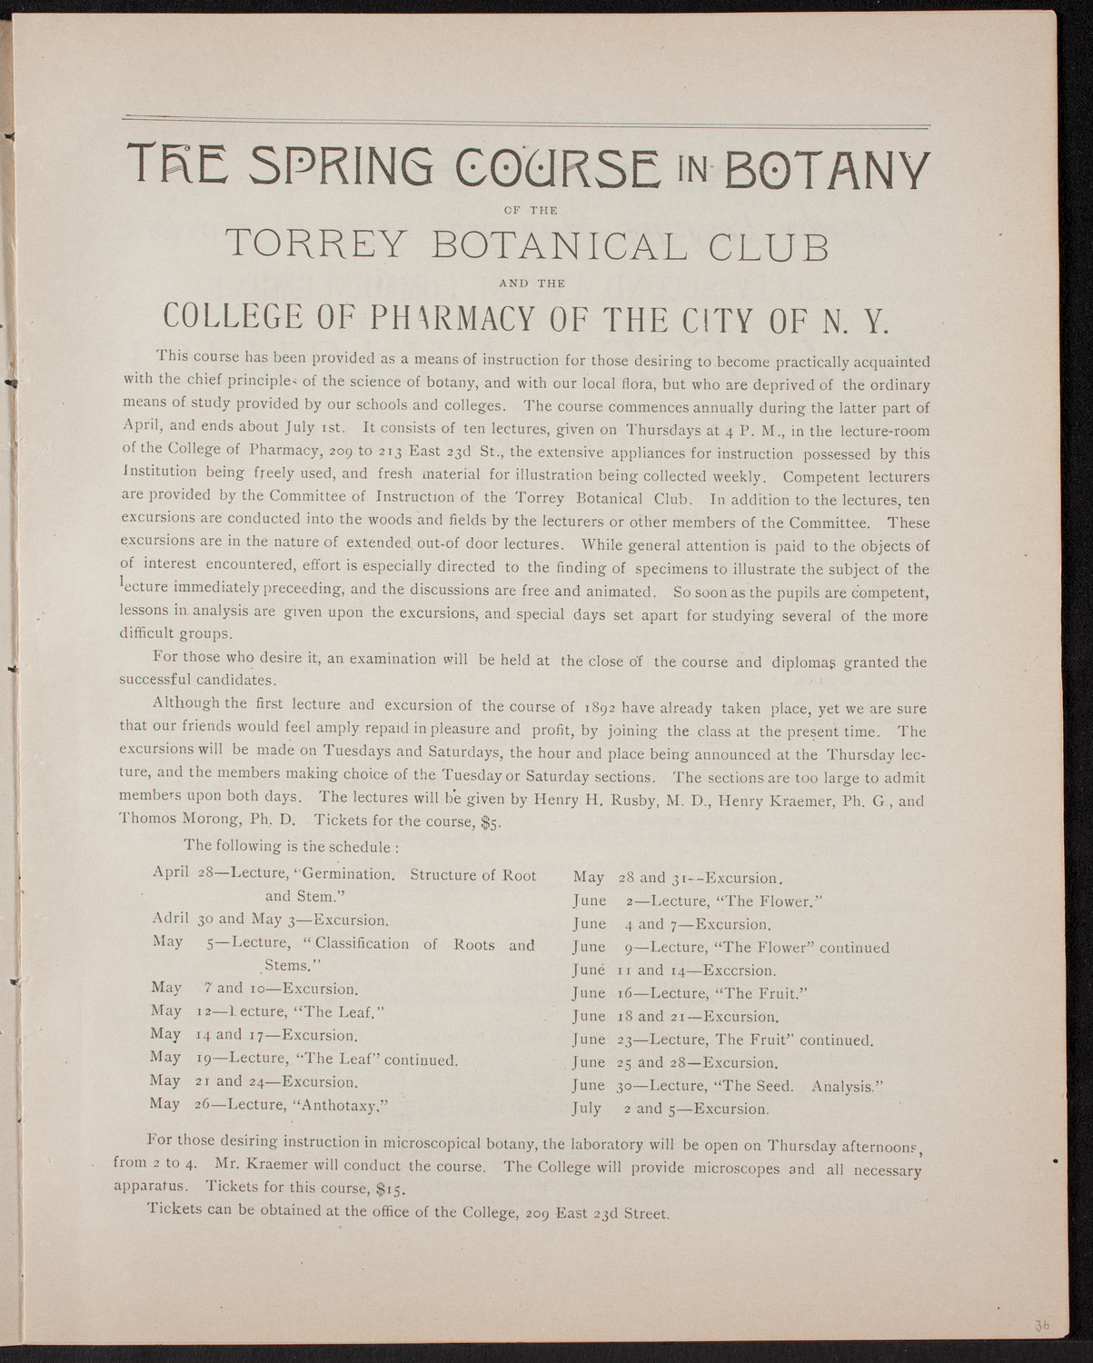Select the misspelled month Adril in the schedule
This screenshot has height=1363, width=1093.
point(171,919)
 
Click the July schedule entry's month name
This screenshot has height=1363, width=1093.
point(587,1109)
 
